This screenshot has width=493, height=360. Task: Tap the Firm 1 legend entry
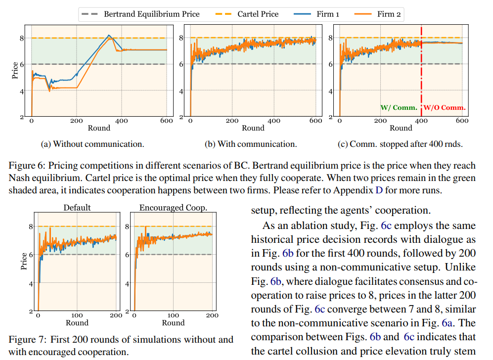click(320, 14)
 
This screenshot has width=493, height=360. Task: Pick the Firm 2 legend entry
click(381, 14)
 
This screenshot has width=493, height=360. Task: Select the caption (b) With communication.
click(251, 144)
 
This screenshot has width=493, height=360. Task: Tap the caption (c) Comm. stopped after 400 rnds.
click(401, 144)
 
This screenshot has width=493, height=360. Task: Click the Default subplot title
click(77, 208)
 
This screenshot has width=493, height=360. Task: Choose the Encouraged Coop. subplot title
click(173, 208)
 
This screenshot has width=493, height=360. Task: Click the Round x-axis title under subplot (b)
click(253, 128)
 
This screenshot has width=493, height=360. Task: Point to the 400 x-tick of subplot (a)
click(122, 121)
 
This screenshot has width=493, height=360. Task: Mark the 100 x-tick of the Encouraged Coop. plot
click(173, 315)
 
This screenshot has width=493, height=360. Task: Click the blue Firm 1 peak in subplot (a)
click(109, 35)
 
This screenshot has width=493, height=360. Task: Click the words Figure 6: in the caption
click(27, 165)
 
